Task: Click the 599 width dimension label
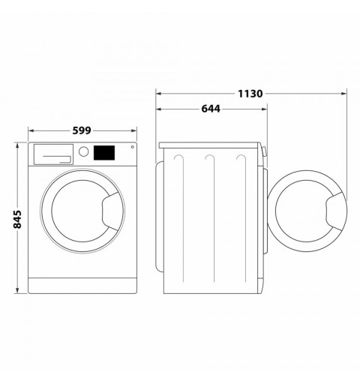point(82,130)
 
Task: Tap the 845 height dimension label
point(17,220)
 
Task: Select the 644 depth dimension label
point(211,109)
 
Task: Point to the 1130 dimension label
point(250,94)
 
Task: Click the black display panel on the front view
point(104,153)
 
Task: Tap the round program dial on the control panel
point(83,151)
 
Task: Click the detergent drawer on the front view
point(53,154)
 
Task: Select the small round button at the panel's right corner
point(132,147)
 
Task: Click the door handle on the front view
point(110,211)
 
